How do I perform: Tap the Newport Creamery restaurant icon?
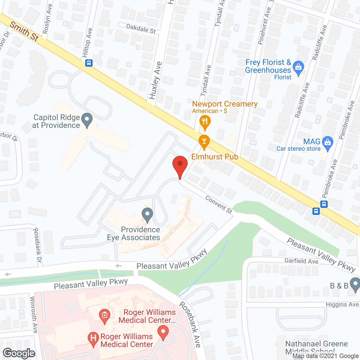pos(205,122)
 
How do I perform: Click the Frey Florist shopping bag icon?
pos(298,67)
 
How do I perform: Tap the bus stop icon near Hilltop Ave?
pos(89,63)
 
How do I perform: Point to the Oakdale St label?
pos(141,28)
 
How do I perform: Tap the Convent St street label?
pos(219,204)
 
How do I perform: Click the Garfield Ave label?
pos(301,261)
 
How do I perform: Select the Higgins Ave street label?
pos(342,305)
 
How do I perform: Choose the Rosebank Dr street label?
pos(37,245)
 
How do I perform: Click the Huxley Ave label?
pos(155,80)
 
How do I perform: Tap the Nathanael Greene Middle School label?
pos(316,347)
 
